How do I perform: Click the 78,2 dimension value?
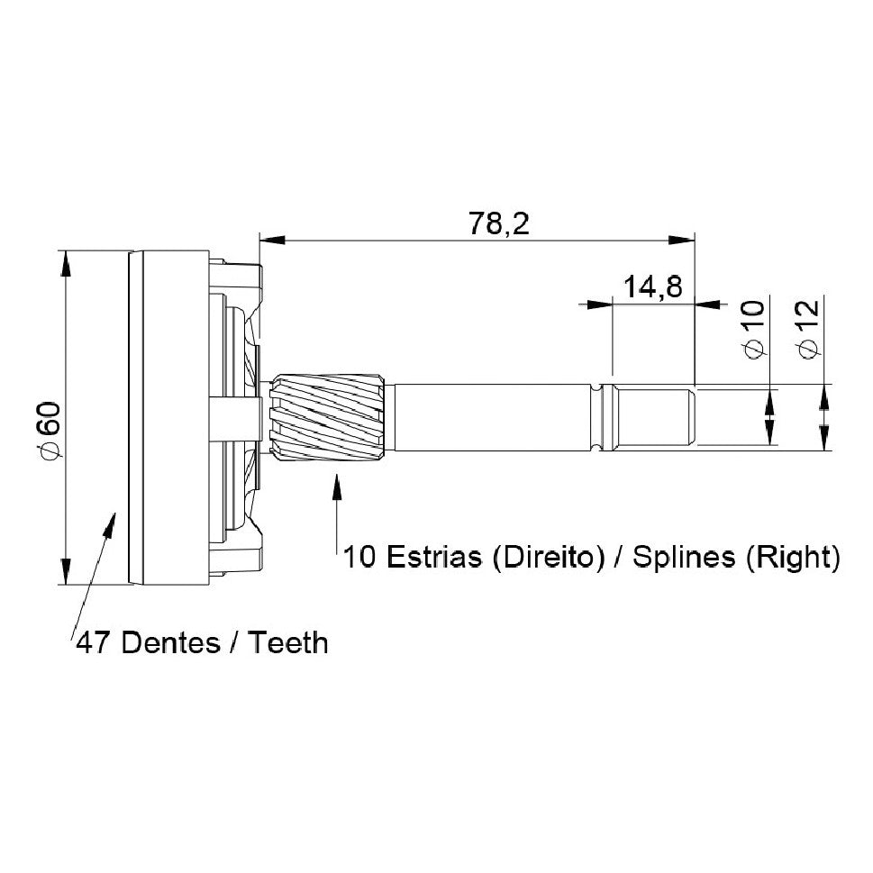click(x=498, y=223)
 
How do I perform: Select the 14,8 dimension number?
click(x=652, y=287)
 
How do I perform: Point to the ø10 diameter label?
click(x=753, y=329)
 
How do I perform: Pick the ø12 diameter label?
click(x=808, y=329)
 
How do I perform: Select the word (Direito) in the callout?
click(x=549, y=557)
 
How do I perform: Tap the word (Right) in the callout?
click(x=793, y=557)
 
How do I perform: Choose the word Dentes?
click(x=170, y=643)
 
